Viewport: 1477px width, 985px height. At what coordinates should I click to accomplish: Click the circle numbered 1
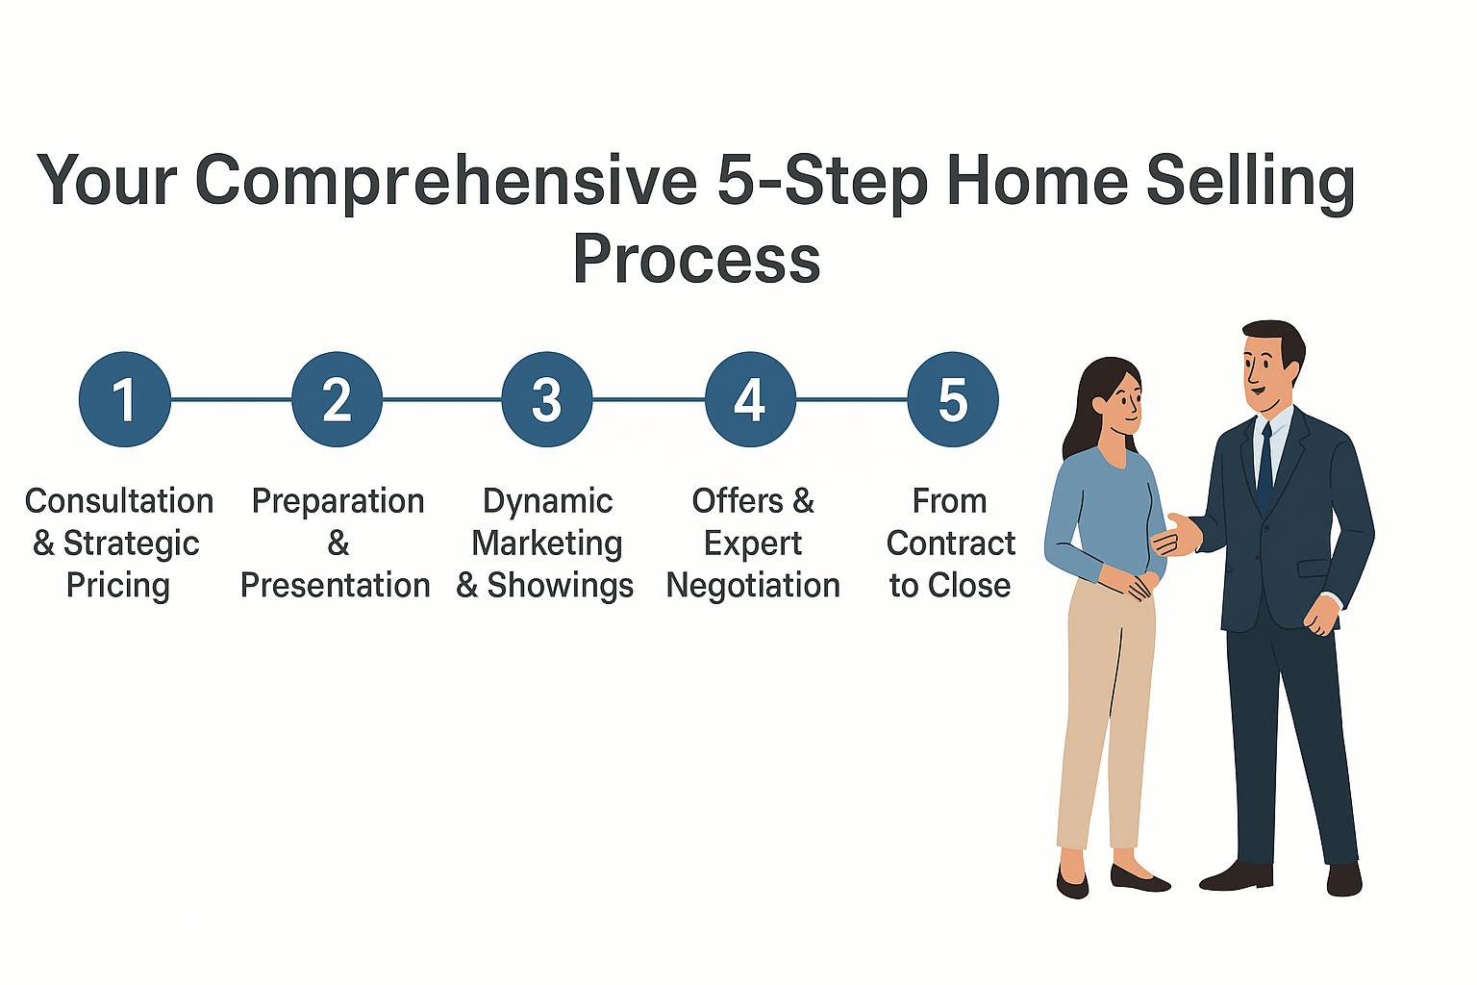[x=125, y=399]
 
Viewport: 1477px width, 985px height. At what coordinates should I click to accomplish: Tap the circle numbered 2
[x=337, y=399]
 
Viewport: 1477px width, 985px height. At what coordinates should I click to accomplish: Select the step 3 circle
[x=546, y=399]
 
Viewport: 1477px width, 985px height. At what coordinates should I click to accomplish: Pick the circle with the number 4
[x=750, y=399]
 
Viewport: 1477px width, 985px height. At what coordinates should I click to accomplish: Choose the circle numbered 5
[x=953, y=399]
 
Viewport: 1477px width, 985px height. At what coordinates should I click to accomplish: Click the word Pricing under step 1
[x=118, y=586]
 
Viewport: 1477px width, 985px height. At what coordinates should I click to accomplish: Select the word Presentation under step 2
[x=335, y=585]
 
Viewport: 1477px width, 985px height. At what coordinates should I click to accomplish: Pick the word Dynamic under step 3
[x=547, y=502]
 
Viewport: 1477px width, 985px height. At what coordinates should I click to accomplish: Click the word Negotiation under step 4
[x=753, y=585]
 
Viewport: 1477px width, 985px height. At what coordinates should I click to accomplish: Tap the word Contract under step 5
[x=950, y=543]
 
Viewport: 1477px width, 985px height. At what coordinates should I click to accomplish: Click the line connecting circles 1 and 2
[x=232, y=399]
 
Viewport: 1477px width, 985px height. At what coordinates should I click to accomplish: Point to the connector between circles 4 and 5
[x=852, y=399]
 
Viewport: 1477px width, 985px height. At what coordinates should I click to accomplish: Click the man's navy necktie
[x=1264, y=466]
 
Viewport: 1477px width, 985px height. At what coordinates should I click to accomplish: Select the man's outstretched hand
[x=1178, y=535]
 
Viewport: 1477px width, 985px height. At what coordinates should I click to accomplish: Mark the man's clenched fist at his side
[x=1322, y=615]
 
